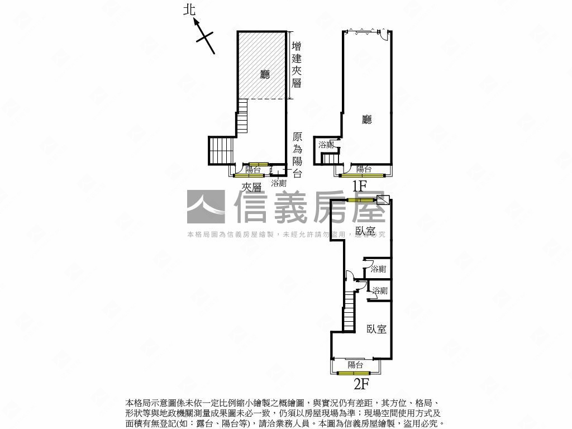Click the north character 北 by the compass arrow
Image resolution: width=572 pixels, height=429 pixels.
(x=191, y=9)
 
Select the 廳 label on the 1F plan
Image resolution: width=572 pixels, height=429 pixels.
(x=367, y=119)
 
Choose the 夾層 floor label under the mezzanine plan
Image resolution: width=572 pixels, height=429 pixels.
(x=251, y=187)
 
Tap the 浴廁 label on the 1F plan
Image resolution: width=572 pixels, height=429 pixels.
(x=326, y=145)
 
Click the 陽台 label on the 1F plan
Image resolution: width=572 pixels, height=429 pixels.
(x=364, y=169)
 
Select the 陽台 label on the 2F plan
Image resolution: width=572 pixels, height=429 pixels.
(x=355, y=365)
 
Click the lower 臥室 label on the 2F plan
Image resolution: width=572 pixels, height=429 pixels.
(x=376, y=329)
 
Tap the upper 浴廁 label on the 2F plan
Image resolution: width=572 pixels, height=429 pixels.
(x=378, y=269)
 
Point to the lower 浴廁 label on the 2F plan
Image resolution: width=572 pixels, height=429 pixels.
(x=380, y=291)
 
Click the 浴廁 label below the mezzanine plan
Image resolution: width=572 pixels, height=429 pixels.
(x=279, y=183)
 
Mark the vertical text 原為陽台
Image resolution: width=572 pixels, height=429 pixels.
(x=297, y=155)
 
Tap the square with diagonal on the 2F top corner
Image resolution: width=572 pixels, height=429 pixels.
(x=383, y=201)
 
